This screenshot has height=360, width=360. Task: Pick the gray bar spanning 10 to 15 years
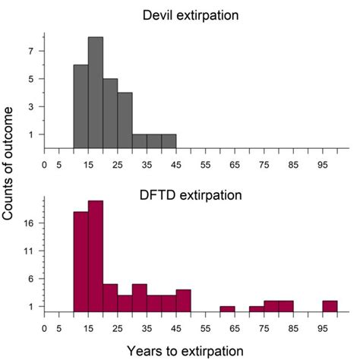pyautogui.click(x=81, y=106)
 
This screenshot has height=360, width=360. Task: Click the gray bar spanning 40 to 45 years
pyautogui.click(x=169, y=142)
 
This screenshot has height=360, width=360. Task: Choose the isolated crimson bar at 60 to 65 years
pyautogui.click(x=227, y=309)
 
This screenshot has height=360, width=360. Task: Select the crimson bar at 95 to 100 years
pyautogui.click(x=330, y=306)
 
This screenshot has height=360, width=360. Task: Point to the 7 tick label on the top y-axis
pyautogui.click(x=33, y=51)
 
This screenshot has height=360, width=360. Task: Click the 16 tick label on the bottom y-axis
pyautogui.click(x=30, y=223)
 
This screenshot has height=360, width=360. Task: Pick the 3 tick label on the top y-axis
pyautogui.click(x=33, y=107)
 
